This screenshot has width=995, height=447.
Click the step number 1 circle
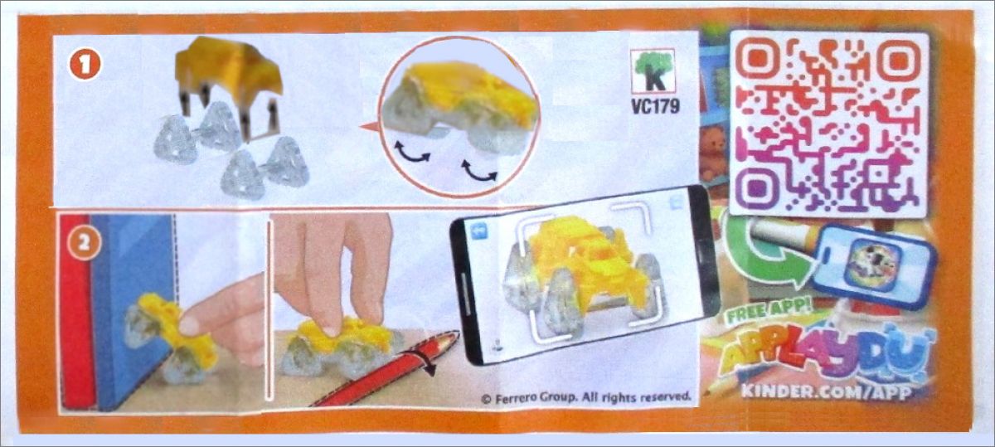(85, 64)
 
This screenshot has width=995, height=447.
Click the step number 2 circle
(84, 243)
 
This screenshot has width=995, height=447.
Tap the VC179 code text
(655, 106)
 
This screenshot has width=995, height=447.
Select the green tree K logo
(653, 70)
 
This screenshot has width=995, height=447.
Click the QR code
(829, 124)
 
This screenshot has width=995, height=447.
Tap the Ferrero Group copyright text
(587, 396)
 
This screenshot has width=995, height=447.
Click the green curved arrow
(764, 253)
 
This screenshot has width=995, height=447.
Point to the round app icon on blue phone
(873, 265)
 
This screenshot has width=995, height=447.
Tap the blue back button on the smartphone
(480, 231)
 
